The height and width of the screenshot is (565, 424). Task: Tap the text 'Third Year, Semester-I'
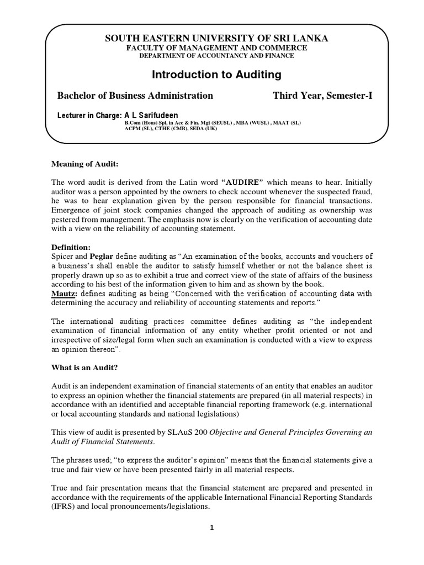(x=323, y=95)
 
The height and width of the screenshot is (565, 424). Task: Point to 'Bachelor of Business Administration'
(x=135, y=95)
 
